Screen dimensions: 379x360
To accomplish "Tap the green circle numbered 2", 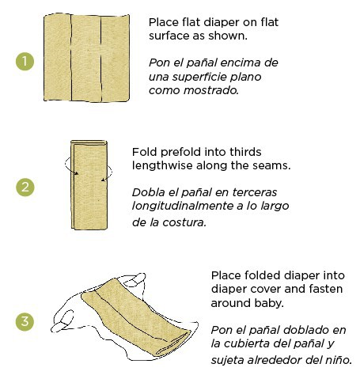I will click(x=25, y=188).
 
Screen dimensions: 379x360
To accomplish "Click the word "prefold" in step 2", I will click(x=184, y=151).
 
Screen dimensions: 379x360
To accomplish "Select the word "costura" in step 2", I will click(x=184, y=222).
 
